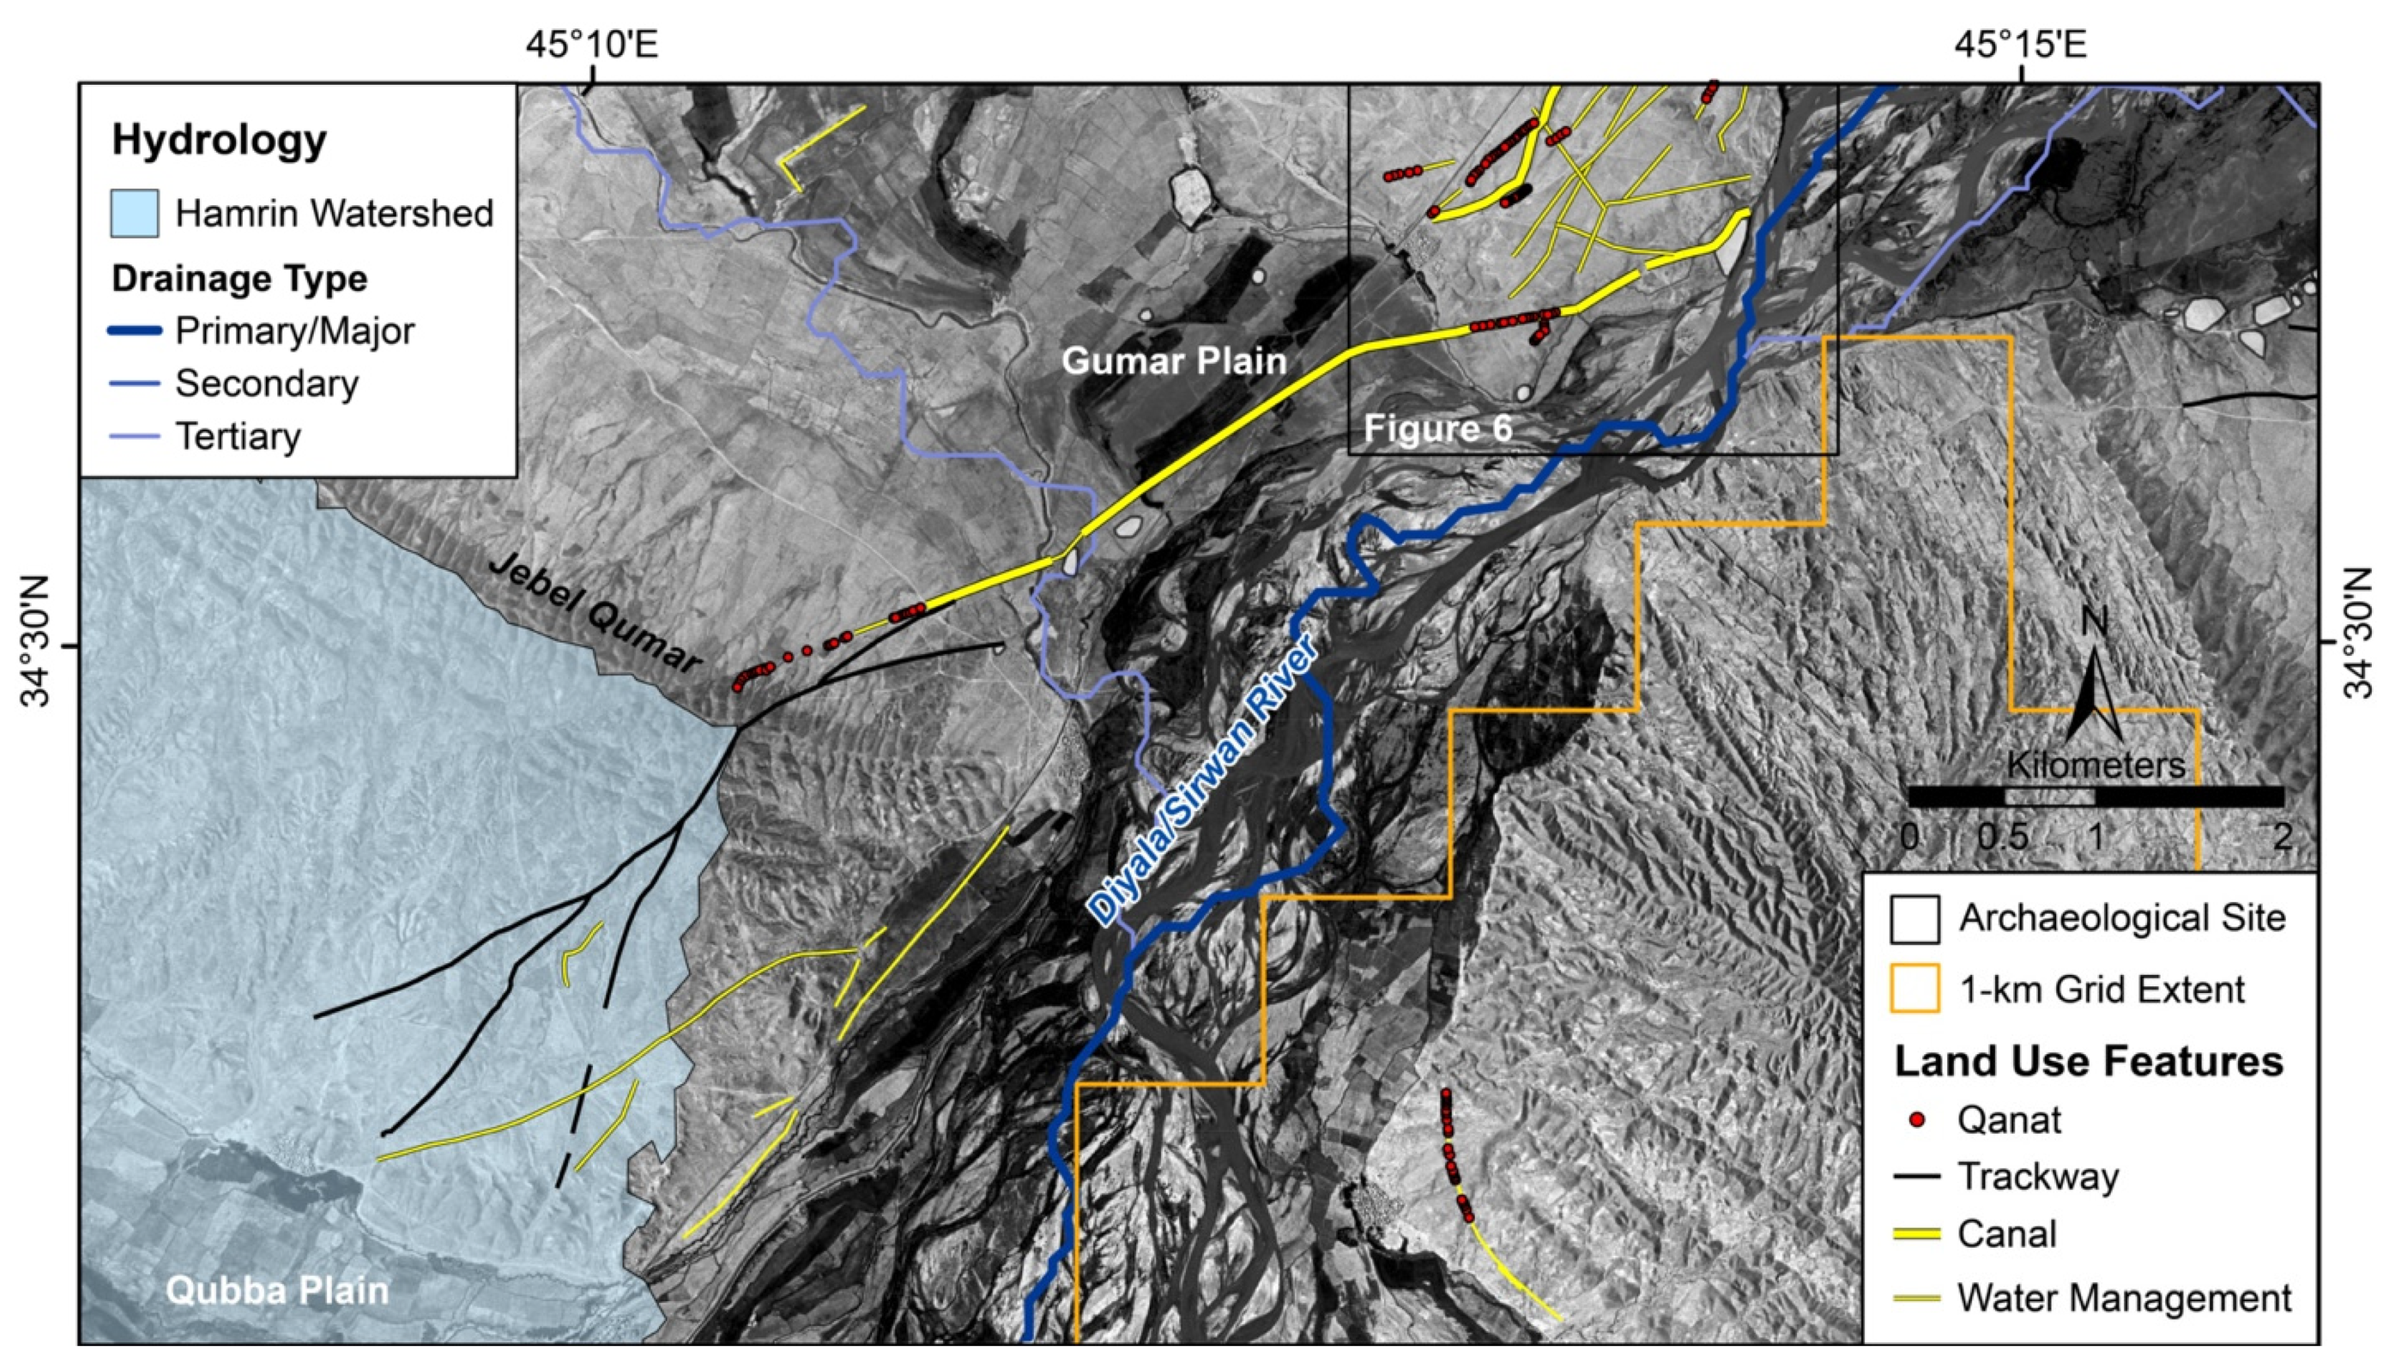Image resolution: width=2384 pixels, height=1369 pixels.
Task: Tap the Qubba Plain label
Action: pyautogui.click(x=277, y=1290)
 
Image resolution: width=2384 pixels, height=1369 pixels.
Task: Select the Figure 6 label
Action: pyautogui.click(x=1438, y=429)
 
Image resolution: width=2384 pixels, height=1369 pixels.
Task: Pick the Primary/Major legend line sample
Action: pyautogui.click(x=135, y=331)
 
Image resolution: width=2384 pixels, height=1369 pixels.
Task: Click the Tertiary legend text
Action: pyautogui.click(x=238, y=437)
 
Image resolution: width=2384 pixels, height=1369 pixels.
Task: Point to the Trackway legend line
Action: pyautogui.click(x=1915, y=1176)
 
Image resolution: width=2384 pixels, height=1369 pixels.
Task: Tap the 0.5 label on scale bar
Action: pyautogui.click(x=2002, y=837)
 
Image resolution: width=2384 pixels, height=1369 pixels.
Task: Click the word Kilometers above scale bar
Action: pyautogui.click(x=2095, y=764)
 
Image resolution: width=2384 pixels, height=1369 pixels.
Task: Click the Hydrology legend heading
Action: pyautogui.click(x=219, y=140)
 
